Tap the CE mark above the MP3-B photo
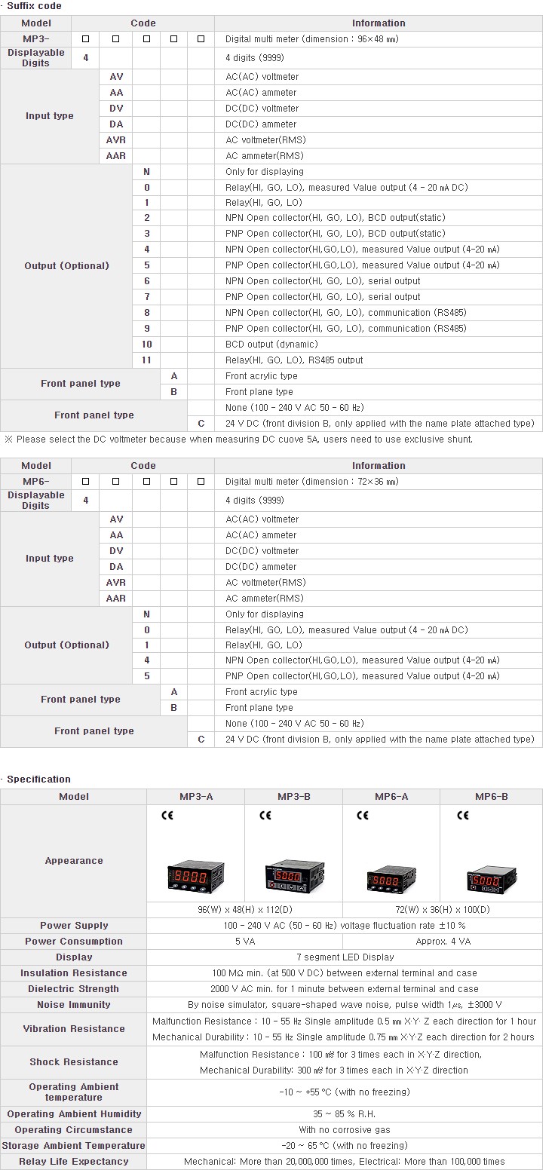tap(265, 815)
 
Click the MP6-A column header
tap(391, 796)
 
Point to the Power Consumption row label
tap(74, 941)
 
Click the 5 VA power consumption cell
tap(244, 941)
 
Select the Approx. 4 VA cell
tap(443, 941)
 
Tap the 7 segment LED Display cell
tap(345, 957)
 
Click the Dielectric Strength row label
tap(74, 988)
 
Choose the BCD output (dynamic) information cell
tap(271, 344)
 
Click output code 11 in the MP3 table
tap(146, 360)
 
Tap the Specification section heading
tap(38, 779)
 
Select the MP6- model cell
tap(36, 481)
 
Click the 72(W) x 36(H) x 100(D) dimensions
tap(442, 909)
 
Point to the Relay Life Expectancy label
tap(74, 1161)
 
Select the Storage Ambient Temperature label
tap(74, 1145)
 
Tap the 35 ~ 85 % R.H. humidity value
tap(345, 1113)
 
